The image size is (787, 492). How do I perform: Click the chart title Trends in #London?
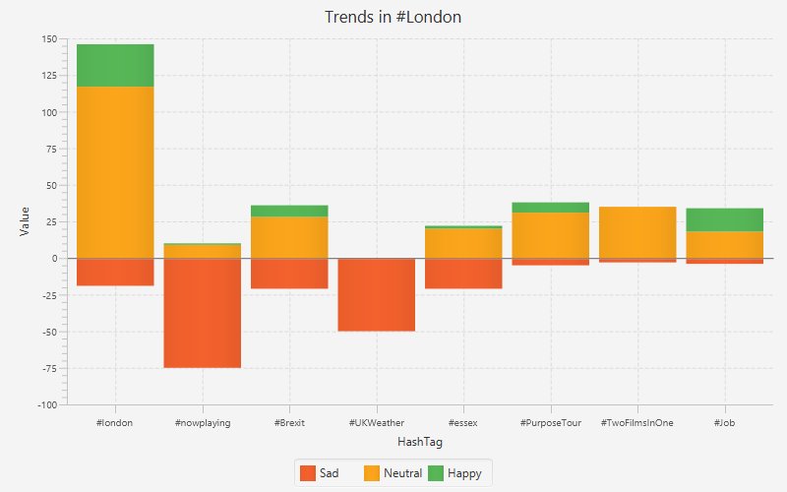click(393, 17)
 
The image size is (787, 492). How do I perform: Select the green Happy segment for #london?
click(115, 65)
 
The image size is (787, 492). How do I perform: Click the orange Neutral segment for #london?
click(115, 172)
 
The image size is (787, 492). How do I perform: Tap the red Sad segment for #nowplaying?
click(202, 313)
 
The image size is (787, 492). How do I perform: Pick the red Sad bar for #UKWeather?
click(376, 294)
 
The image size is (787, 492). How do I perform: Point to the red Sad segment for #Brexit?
click(289, 274)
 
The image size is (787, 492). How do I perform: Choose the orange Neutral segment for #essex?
click(463, 243)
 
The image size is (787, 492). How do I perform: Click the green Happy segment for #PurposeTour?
click(550, 207)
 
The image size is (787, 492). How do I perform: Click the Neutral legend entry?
click(393, 473)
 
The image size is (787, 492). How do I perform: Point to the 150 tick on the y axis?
click(49, 39)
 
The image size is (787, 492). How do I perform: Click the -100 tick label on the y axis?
click(46, 404)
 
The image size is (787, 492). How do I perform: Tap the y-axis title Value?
click(25, 221)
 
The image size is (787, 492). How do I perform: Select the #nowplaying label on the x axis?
click(202, 423)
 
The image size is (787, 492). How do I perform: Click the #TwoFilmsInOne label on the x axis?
click(636, 423)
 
